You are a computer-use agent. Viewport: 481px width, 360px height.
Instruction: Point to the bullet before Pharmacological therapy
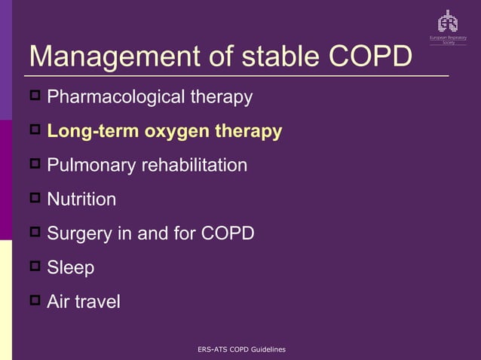(35, 96)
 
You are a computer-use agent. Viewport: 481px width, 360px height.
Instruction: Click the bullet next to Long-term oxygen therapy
(35, 130)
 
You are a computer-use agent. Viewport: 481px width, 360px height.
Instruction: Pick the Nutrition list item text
(81, 200)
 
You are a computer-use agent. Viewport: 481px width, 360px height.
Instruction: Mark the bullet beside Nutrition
(35, 199)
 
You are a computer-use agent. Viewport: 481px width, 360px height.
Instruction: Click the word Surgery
(79, 233)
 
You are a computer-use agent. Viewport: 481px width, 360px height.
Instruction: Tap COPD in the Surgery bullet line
(227, 233)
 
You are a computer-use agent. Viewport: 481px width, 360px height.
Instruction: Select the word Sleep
(70, 267)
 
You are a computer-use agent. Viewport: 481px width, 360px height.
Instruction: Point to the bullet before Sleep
(35, 267)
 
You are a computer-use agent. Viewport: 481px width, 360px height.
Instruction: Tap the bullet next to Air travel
(35, 301)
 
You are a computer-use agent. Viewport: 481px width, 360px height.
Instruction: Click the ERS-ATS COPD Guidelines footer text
(240, 349)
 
